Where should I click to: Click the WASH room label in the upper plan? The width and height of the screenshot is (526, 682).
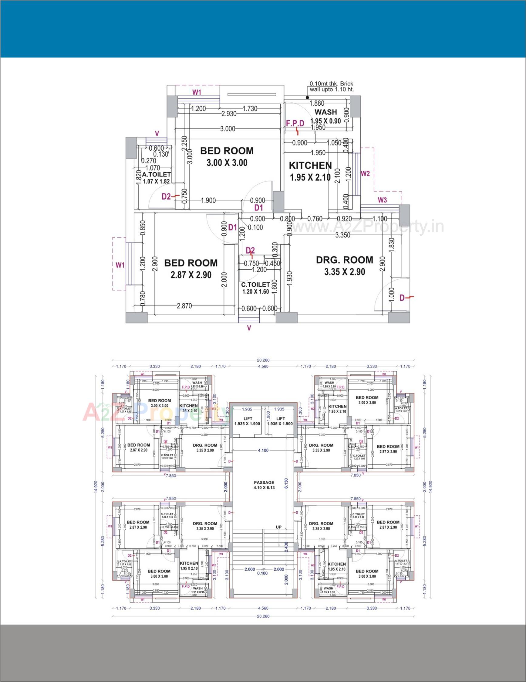tap(325, 112)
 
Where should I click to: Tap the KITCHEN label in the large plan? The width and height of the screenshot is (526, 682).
tap(310, 165)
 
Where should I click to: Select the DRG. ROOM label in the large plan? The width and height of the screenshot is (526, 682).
tap(344, 260)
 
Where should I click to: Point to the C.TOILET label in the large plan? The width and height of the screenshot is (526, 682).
tap(255, 285)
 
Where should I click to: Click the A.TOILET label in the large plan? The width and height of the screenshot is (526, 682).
tap(156, 175)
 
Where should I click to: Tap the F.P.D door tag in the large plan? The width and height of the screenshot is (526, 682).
tap(295, 124)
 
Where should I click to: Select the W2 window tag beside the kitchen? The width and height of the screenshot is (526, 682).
tap(365, 173)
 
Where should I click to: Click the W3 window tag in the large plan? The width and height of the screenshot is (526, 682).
tap(382, 200)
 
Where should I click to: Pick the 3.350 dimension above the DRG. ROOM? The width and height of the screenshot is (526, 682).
tap(342, 235)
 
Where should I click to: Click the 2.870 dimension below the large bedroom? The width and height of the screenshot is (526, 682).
tap(184, 306)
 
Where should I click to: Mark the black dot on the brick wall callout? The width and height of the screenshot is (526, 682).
tap(308, 97)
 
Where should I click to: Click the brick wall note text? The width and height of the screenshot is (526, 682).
tap(331, 87)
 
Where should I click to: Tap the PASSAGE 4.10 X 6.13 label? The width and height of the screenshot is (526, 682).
tap(264, 485)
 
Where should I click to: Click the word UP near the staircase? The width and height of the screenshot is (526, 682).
tap(278, 527)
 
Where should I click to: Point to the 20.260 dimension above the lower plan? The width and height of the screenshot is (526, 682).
tap(263, 360)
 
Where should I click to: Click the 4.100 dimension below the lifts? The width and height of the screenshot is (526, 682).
tap(263, 450)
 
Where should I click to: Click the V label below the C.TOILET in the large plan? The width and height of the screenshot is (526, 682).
tap(249, 328)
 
